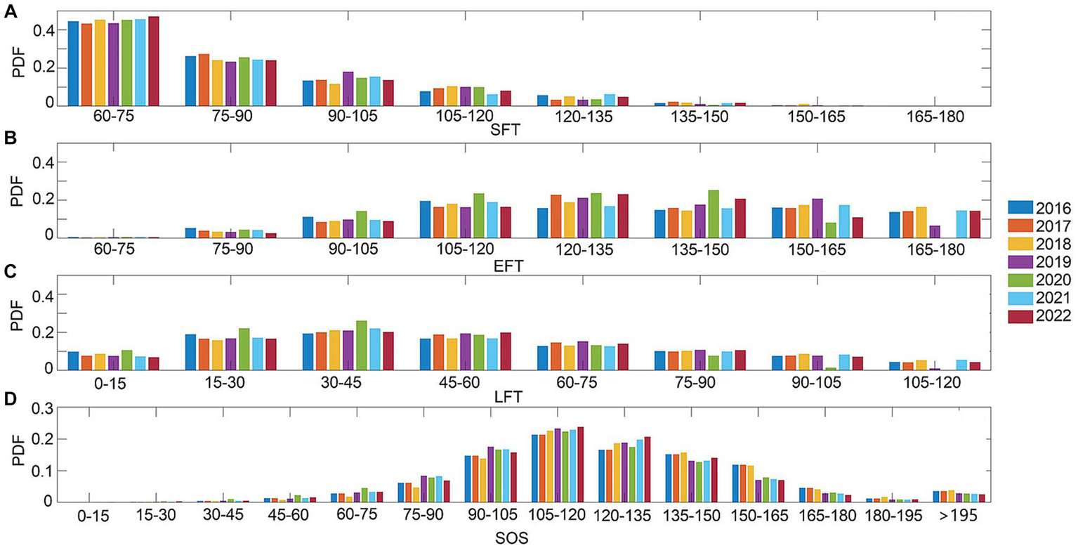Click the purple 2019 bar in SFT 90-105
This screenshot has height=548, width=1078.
click(x=348, y=89)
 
